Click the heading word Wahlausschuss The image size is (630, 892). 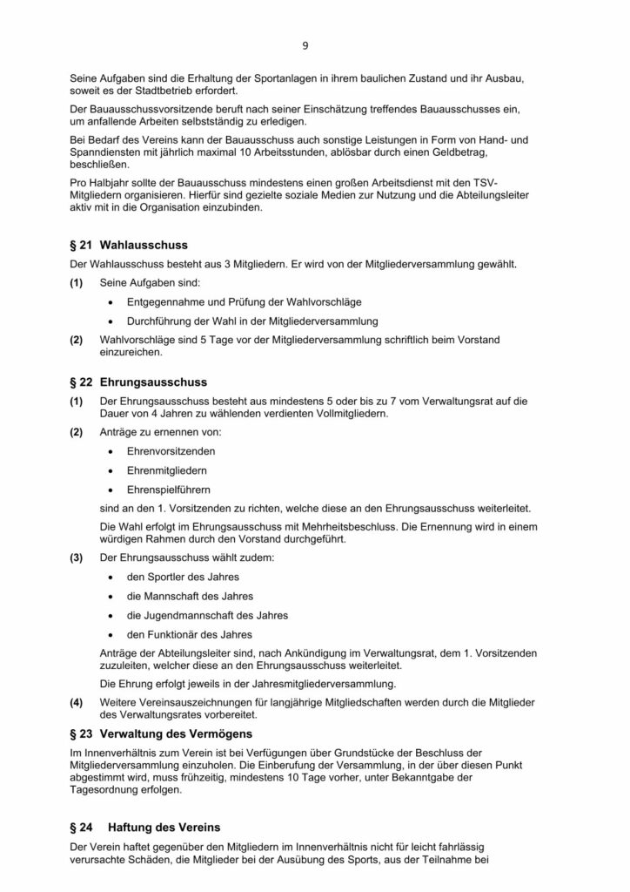144,245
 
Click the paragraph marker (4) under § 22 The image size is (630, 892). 77,700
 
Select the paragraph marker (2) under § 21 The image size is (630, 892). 77,338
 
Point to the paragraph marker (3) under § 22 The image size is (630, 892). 77,557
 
